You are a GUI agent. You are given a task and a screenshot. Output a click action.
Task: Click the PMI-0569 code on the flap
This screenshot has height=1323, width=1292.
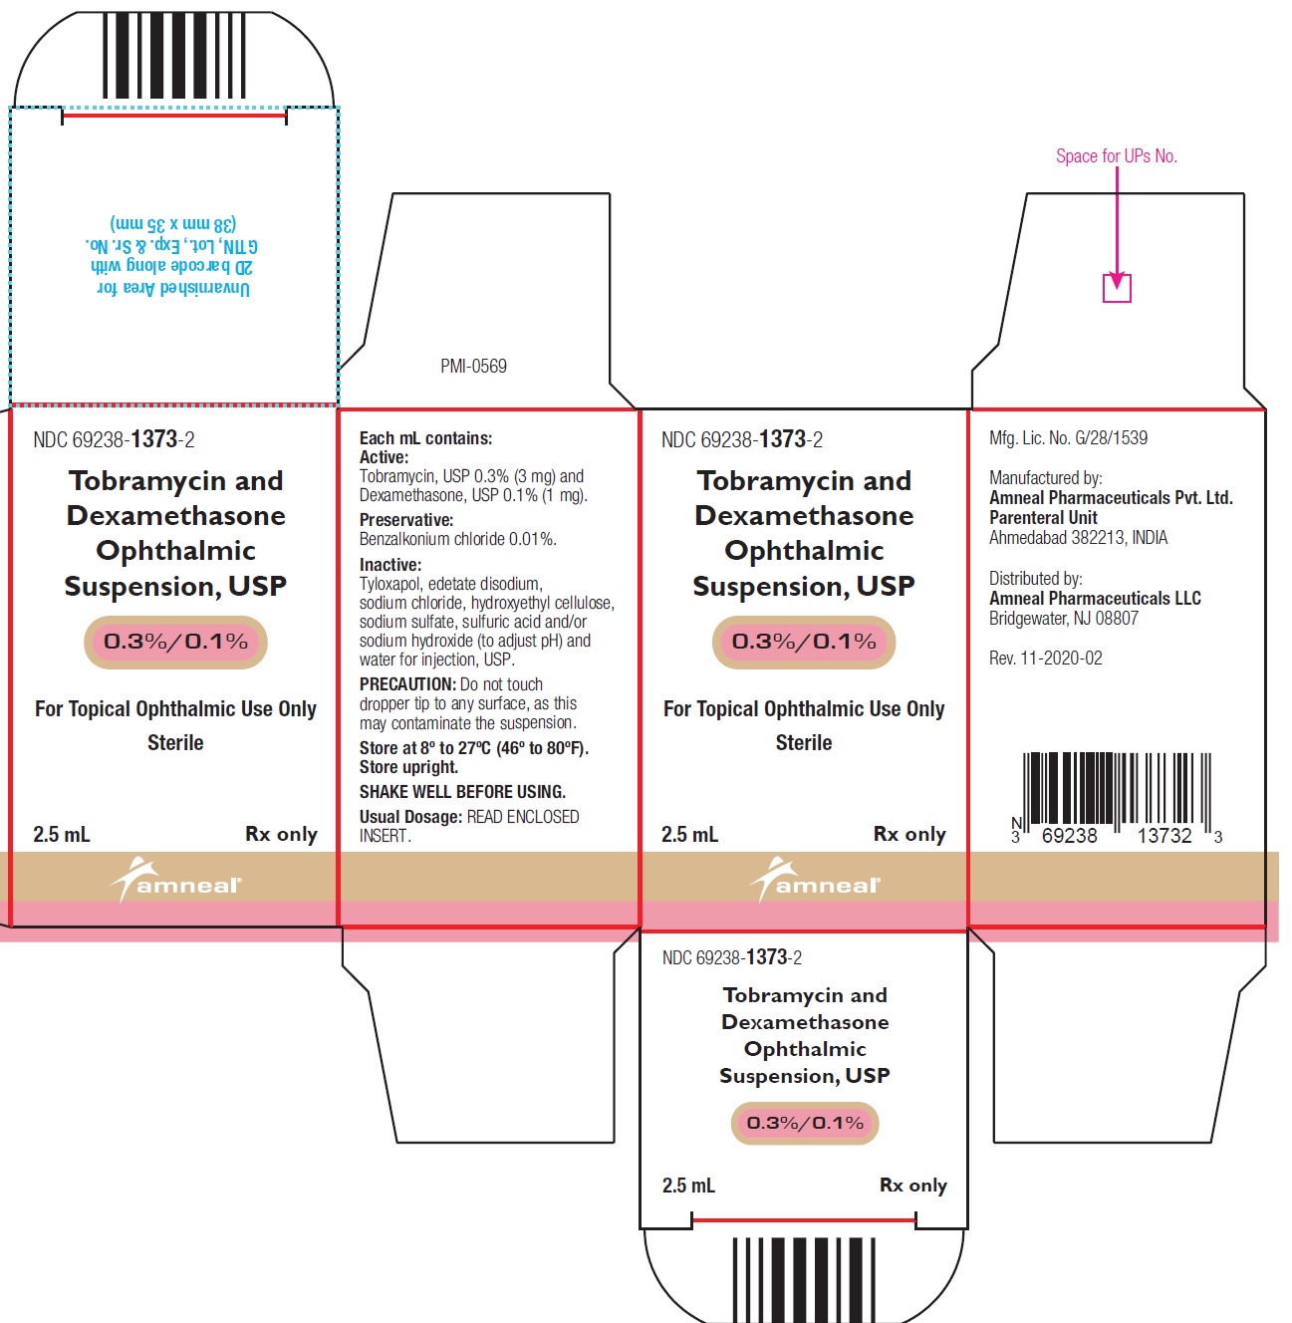point(473,367)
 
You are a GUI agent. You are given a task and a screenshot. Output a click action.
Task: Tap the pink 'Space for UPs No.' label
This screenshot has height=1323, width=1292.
point(1116,156)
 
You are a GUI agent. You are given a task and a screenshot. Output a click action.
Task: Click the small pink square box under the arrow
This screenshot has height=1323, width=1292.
point(1117,288)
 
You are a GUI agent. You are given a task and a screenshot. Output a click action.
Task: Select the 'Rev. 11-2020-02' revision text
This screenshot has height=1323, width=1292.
point(1045,659)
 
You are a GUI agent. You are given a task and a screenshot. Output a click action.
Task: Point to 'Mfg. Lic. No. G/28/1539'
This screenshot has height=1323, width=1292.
point(1068,437)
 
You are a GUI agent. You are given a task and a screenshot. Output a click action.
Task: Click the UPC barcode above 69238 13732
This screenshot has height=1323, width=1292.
point(1117,789)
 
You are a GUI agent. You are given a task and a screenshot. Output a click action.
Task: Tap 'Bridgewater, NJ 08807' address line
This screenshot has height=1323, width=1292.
point(1063,619)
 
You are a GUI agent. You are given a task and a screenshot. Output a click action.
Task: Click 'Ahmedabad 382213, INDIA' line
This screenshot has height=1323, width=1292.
point(1078,538)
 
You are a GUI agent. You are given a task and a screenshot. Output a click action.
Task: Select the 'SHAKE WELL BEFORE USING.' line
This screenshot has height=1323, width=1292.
point(462,792)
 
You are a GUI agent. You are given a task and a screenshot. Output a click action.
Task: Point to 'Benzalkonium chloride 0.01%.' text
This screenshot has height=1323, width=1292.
point(458,539)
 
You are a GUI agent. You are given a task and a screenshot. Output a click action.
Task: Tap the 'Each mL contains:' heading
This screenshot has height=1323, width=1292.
point(425,438)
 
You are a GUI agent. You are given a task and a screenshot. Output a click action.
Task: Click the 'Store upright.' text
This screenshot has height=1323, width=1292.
point(408,767)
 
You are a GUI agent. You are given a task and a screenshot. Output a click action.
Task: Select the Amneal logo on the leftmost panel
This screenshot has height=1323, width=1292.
point(175,880)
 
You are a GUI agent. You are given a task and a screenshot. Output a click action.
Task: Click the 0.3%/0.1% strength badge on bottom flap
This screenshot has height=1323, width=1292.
point(805,1123)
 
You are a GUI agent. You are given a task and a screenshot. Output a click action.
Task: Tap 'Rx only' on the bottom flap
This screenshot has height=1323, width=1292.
point(912,1186)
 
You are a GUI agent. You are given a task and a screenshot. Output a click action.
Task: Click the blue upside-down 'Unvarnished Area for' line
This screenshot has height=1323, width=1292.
point(174,288)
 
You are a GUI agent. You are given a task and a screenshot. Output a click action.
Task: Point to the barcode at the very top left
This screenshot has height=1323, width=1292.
point(174,57)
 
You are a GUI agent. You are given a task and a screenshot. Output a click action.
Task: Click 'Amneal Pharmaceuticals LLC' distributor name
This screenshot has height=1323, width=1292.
point(1095,599)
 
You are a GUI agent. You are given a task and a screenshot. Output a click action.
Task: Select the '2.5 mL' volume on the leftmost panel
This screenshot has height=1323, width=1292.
point(62,834)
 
